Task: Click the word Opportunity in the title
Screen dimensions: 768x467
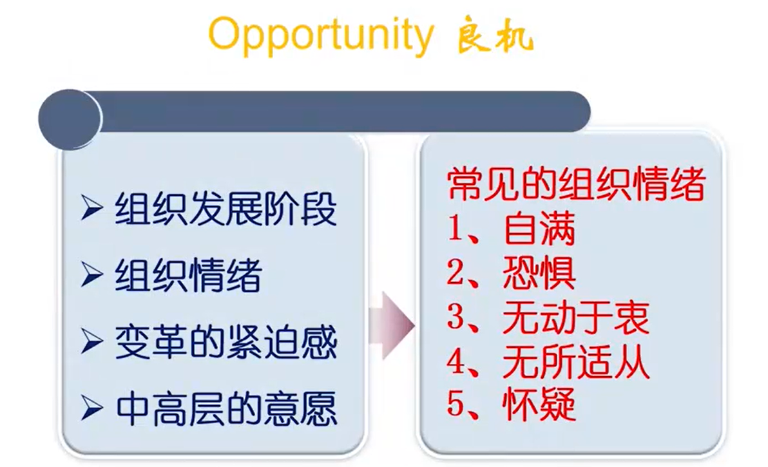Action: coord(322,35)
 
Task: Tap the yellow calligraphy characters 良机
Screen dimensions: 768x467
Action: coord(495,37)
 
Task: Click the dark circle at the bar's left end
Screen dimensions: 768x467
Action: coord(70,119)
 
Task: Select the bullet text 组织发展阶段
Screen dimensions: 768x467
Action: coord(226,209)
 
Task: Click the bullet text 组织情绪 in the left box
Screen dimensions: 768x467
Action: coord(189,275)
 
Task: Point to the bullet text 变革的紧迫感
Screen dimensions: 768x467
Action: coord(226,341)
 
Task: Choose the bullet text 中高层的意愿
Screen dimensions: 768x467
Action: coord(226,408)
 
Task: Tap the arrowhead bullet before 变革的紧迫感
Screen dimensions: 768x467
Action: coord(91,341)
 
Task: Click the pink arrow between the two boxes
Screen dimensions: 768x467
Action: coord(392,325)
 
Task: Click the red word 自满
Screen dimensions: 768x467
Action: coord(539,228)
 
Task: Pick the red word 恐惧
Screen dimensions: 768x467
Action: coord(539,272)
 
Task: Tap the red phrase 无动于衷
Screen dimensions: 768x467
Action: coord(576,317)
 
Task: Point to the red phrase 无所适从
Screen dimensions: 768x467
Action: coord(576,362)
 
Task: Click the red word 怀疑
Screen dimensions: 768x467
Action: coord(539,405)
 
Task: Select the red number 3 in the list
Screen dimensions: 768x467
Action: coord(456,317)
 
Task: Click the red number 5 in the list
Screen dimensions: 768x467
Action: coord(456,405)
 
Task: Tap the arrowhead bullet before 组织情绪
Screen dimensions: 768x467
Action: coord(91,274)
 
